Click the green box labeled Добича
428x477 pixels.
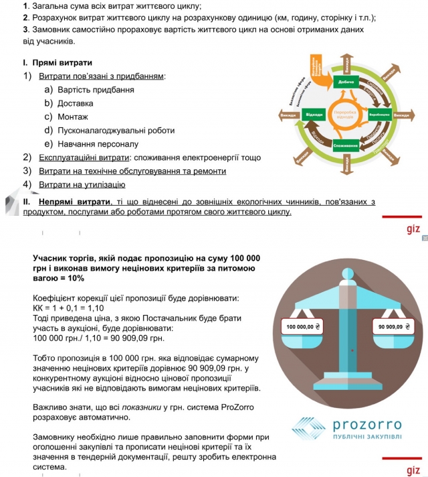(346, 82)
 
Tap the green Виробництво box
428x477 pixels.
(379, 115)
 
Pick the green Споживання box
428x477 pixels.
(346, 145)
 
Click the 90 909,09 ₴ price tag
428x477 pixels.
(393, 327)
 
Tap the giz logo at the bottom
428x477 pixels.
(413, 470)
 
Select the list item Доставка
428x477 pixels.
(75, 103)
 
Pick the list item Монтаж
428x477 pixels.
(72, 117)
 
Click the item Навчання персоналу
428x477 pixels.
(98, 144)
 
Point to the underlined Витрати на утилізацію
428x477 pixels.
(82, 184)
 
